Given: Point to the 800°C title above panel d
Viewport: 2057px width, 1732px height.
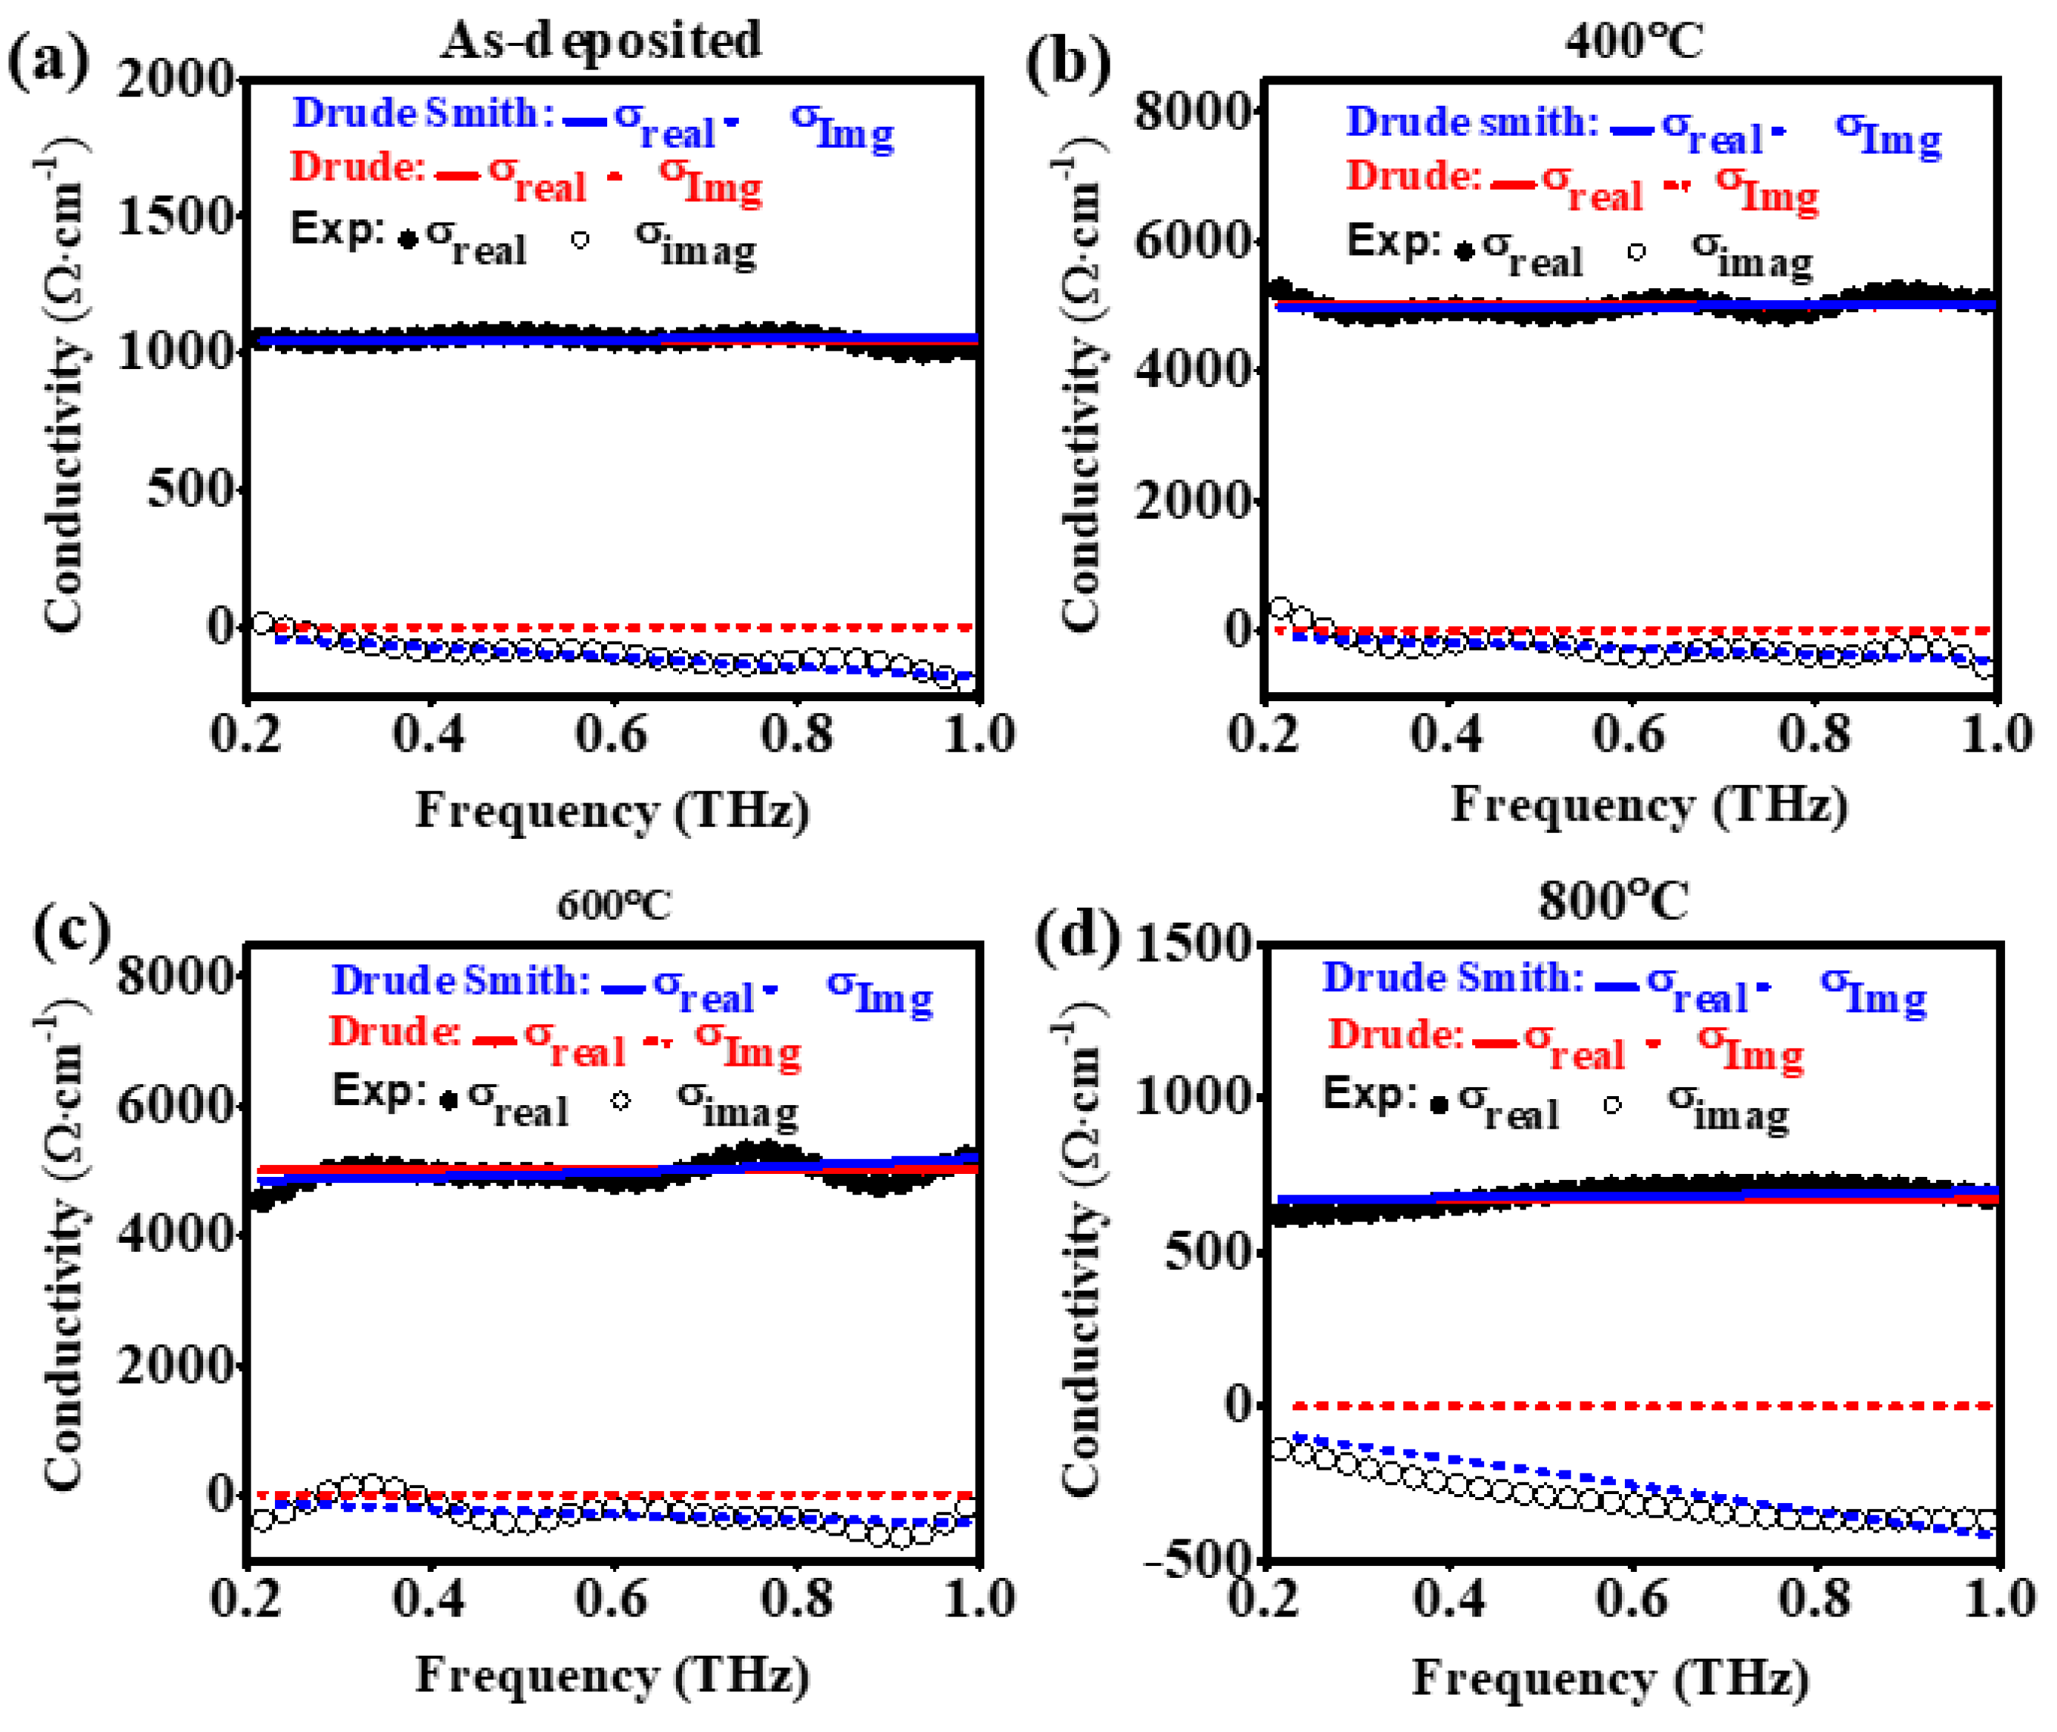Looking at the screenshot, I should (1612, 900).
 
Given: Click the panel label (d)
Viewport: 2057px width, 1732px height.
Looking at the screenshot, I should (1077, 935).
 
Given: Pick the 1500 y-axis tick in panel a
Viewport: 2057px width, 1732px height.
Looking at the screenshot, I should (176, 216).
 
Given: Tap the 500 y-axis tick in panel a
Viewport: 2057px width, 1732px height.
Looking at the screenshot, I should (191, 488).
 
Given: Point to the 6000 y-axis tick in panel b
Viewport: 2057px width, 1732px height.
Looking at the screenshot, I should (1193, 241).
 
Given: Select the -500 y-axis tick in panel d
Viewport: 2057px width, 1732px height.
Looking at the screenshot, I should (1200, 1560).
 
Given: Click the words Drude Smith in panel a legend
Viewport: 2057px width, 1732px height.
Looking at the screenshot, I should (414, 113).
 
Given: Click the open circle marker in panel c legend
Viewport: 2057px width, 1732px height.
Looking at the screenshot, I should (620, 1101).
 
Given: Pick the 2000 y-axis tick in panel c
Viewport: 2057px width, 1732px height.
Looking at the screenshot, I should (176, 1366).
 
